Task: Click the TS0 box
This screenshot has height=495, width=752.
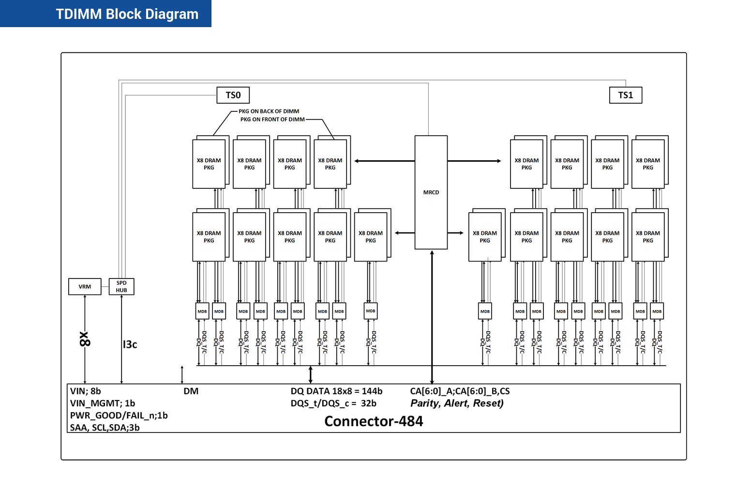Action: point(233,95)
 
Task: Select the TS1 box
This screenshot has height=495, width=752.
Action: point(625,95)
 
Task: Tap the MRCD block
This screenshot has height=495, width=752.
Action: point(431,192)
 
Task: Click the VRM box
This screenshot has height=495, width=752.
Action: point(85,287)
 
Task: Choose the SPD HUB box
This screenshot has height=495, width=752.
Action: point(121,287)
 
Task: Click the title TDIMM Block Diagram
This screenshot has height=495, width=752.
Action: point(127,14)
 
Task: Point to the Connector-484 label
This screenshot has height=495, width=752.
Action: point(374,421)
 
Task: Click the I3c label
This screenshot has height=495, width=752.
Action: point(130,344)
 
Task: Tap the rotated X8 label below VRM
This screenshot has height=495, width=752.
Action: point(85,339)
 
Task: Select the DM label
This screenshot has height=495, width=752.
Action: point(191,391)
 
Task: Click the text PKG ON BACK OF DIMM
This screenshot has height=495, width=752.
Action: point(269,111)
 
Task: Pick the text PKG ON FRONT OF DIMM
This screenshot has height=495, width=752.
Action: point(272,119)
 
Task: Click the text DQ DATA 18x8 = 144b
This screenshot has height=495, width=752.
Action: point(336,391)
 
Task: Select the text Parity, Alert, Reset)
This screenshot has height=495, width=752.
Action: point(457,403)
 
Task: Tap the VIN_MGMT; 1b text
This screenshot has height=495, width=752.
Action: point(103,403)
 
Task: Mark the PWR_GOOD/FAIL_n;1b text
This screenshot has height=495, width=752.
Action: point(119,416)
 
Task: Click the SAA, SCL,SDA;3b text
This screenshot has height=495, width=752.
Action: point(105,428)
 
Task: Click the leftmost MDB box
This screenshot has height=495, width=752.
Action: point(202,311)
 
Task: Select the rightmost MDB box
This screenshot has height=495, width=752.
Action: point(657,311)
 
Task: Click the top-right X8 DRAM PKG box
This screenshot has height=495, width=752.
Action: point(647,164)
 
